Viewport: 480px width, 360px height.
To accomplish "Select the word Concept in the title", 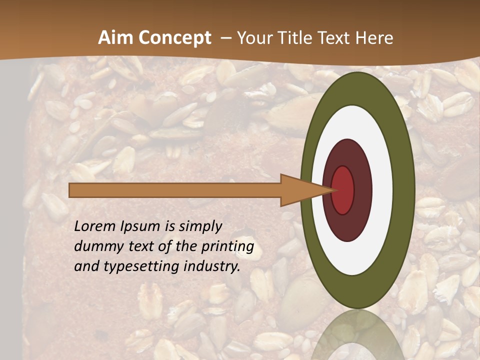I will (174, 38).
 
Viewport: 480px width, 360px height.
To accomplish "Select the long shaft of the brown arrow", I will (175, 190).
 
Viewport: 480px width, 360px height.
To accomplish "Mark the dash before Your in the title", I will (226, 38).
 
